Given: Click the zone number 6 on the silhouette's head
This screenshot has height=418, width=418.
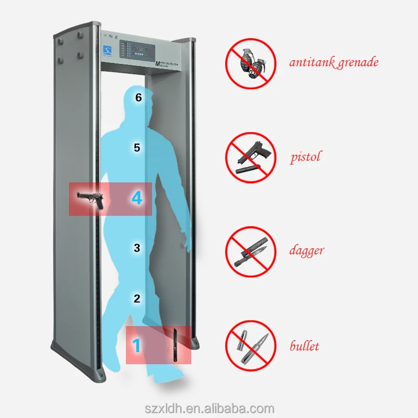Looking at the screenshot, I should click(138, 97).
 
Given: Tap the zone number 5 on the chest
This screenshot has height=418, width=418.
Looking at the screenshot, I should click(137, 148).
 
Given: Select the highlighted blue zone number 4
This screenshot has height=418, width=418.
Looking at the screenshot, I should click(137, 199).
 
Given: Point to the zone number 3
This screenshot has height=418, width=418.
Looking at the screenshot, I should click(137, 248).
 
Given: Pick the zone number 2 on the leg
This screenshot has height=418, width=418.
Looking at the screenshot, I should click(137, 299).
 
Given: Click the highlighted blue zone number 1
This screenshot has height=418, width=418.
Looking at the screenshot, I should click(136, 346).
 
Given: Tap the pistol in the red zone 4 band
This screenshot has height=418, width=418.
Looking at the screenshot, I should click(90, 200).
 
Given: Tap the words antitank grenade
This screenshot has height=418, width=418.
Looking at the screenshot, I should click(334, 63).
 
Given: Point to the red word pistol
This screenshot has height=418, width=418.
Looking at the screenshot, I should click(306, 157).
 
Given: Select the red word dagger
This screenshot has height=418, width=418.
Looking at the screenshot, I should click(307, 251).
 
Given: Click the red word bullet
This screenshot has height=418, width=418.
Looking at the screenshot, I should click(305, 346).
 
